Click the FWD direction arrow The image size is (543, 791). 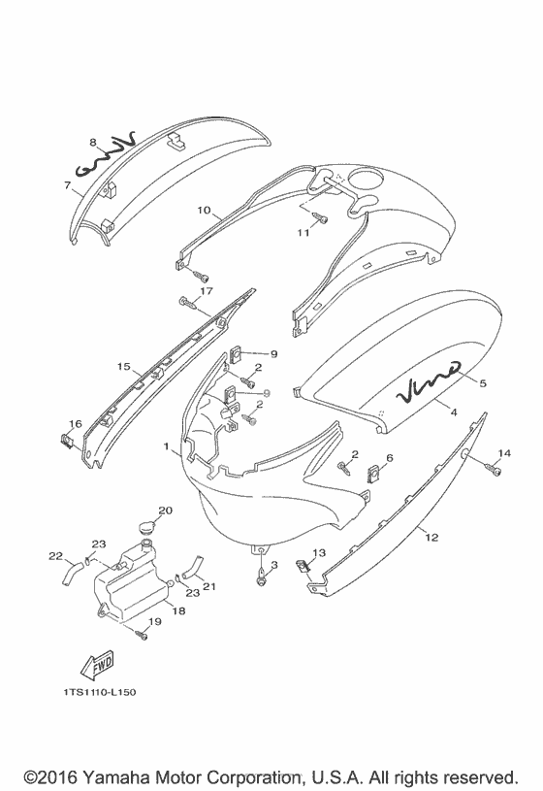click(x=97, y=665)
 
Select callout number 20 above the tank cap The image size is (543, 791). click(x=165, y=511)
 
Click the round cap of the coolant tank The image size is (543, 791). click(x=147, y=528)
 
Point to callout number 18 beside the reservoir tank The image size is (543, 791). click(x=178, y=610)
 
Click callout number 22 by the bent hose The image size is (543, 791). click(x=55, y=556)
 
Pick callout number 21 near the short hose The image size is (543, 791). click(x=208, y=585)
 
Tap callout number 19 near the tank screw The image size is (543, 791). click(x=155, y=621)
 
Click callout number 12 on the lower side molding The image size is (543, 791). click(x=432, y=538)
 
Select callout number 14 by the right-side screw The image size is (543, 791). click(x=503, y=453)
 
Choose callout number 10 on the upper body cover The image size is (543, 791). click(x=204, y=210)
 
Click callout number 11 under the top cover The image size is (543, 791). click(x=303, y=233)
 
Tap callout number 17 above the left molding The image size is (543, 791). click(x=207, y=290)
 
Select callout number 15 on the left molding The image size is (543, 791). click(x=123, y=367)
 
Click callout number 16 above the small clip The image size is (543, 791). click(x=75, y=424)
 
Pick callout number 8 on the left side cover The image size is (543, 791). click(x=93, y=143)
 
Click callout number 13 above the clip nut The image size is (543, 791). click(x=319, y=553)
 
